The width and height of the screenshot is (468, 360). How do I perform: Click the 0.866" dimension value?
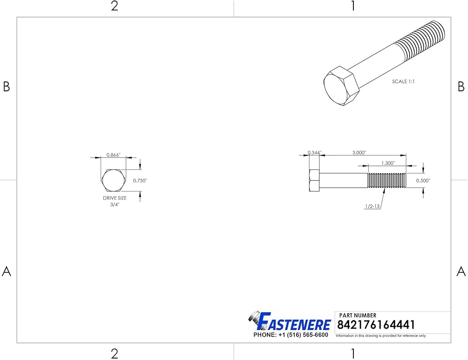[113, 155]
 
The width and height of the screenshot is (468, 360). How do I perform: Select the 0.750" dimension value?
[140, 181]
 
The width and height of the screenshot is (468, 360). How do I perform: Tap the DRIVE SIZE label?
[115, 198]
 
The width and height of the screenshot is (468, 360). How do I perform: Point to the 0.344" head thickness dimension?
[314, 153]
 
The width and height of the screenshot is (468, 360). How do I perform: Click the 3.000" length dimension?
[359, 153]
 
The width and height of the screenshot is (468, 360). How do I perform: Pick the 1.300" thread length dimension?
[388, 163]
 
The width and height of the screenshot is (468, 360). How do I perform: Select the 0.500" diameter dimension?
[423, 181]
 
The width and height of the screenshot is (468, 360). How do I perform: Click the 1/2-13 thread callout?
[373, 206]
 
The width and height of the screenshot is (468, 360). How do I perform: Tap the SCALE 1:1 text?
[403, 81]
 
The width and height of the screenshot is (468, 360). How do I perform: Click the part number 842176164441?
[376, 325]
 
